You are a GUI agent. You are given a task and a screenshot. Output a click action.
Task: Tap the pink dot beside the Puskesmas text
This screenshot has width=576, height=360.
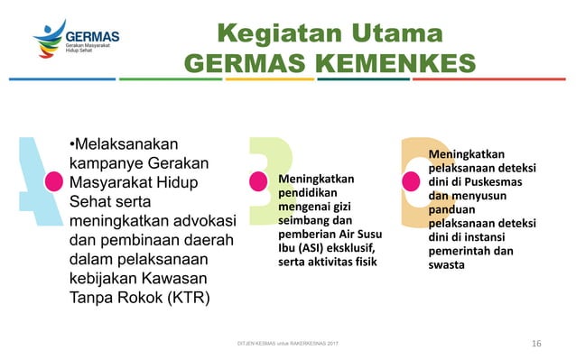point(411,180)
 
